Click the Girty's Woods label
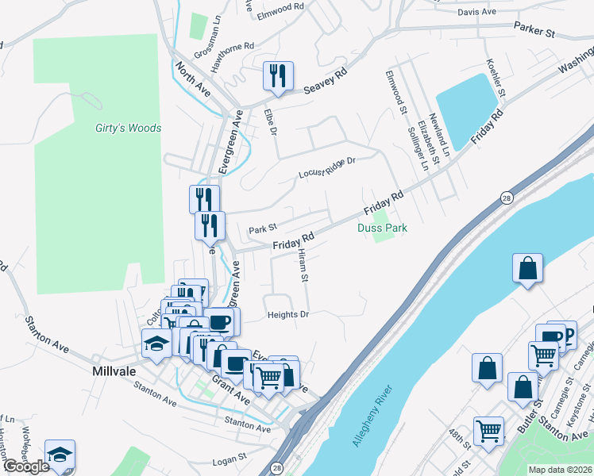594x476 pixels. point(128,128)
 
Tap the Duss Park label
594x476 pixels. point(382,228)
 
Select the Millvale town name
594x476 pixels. point(115,370)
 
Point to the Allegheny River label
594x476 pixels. point(372,417)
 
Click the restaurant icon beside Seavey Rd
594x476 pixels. point(278,76)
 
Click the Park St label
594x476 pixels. point(262,230)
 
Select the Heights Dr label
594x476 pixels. point(287,314)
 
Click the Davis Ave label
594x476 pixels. point(476,12)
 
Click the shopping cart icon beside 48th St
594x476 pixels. point(488,432)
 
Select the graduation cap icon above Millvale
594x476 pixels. point(156,344)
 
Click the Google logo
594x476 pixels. point(26,466)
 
